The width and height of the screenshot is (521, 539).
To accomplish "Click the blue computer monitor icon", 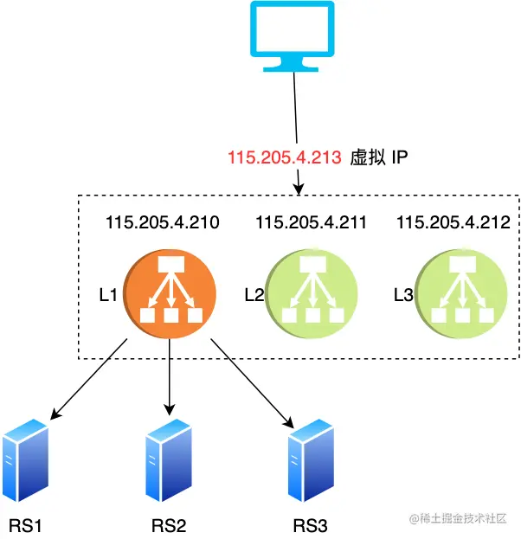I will tap(292, 36).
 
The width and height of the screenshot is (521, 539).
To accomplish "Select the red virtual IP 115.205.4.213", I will tap(283, 158).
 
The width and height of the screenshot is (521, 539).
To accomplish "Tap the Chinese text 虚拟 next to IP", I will tap(364, 158).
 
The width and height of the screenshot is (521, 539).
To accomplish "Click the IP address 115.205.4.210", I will tap(162, 223).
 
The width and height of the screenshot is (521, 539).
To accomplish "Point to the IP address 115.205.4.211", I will tap(311, 223).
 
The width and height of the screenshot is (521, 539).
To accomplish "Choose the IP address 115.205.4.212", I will tap(453, 223).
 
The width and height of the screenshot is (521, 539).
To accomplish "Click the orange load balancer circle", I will tap(170, 292).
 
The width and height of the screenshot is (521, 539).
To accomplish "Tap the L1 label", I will tap(108, 294).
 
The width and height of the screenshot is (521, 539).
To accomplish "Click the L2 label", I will tap(254, 294).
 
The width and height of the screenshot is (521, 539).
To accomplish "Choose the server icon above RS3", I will tap(312, 458).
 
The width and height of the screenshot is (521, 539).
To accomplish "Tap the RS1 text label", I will tap(26, 524).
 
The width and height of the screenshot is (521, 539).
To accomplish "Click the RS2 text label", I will tap(169, 525).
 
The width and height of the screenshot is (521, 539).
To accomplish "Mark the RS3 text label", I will tap(311, 525).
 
